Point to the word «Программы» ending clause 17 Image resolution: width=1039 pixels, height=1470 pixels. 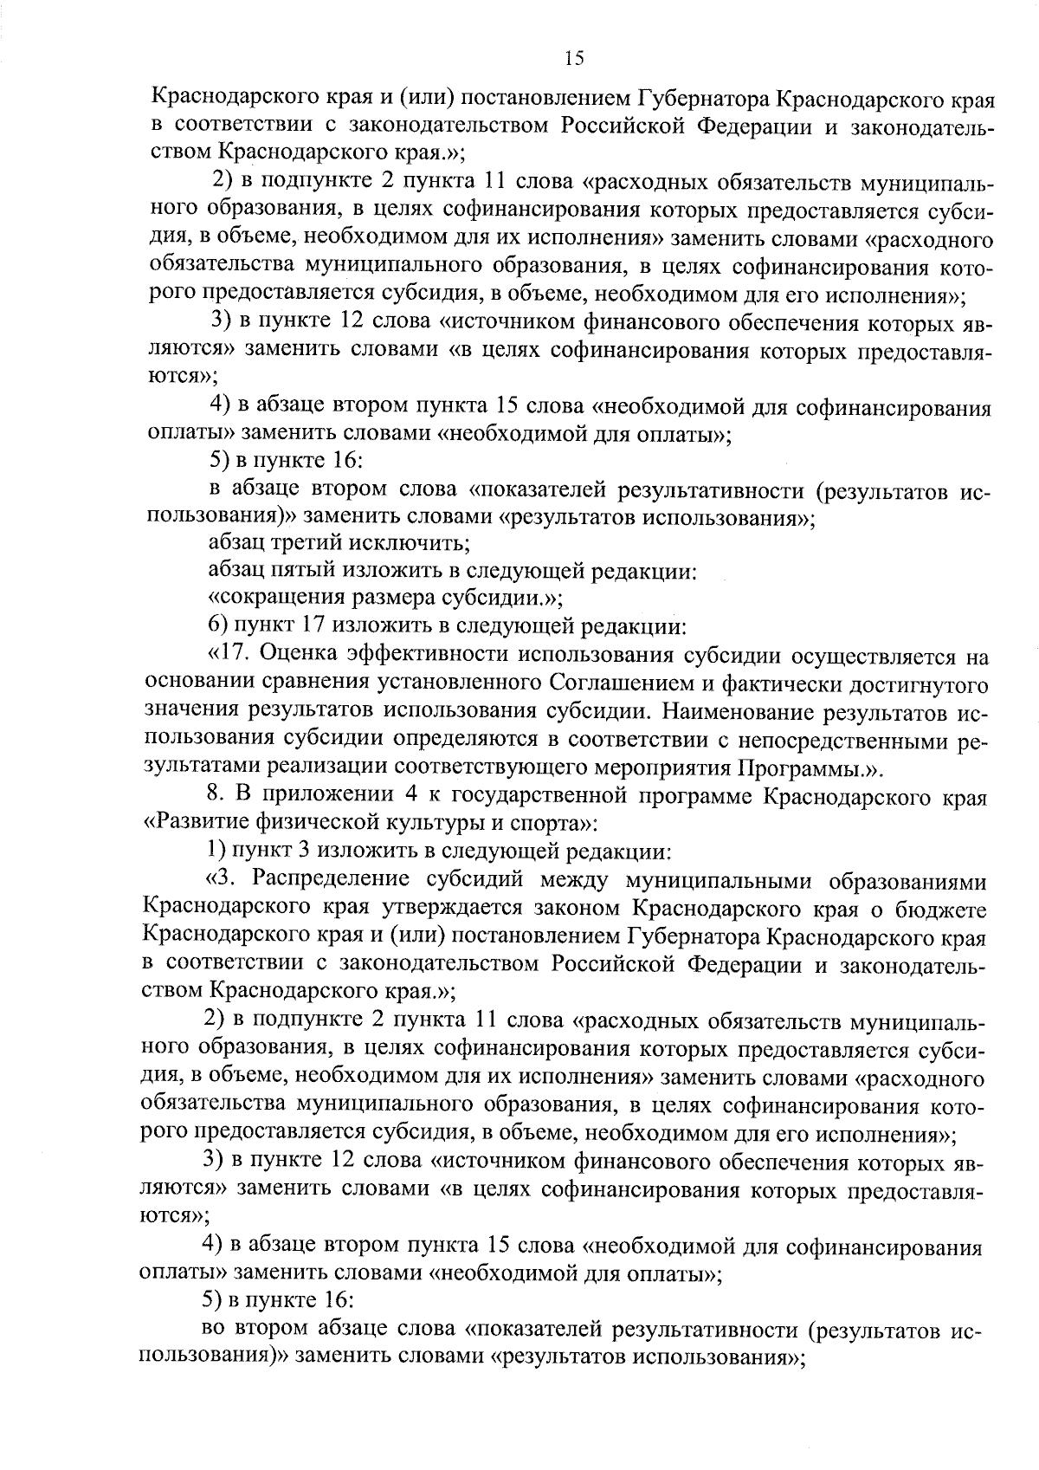pyautogui.click(x=803, y=767)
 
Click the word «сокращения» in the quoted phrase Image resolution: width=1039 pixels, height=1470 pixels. pyautogui.click(x=268, y=599)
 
